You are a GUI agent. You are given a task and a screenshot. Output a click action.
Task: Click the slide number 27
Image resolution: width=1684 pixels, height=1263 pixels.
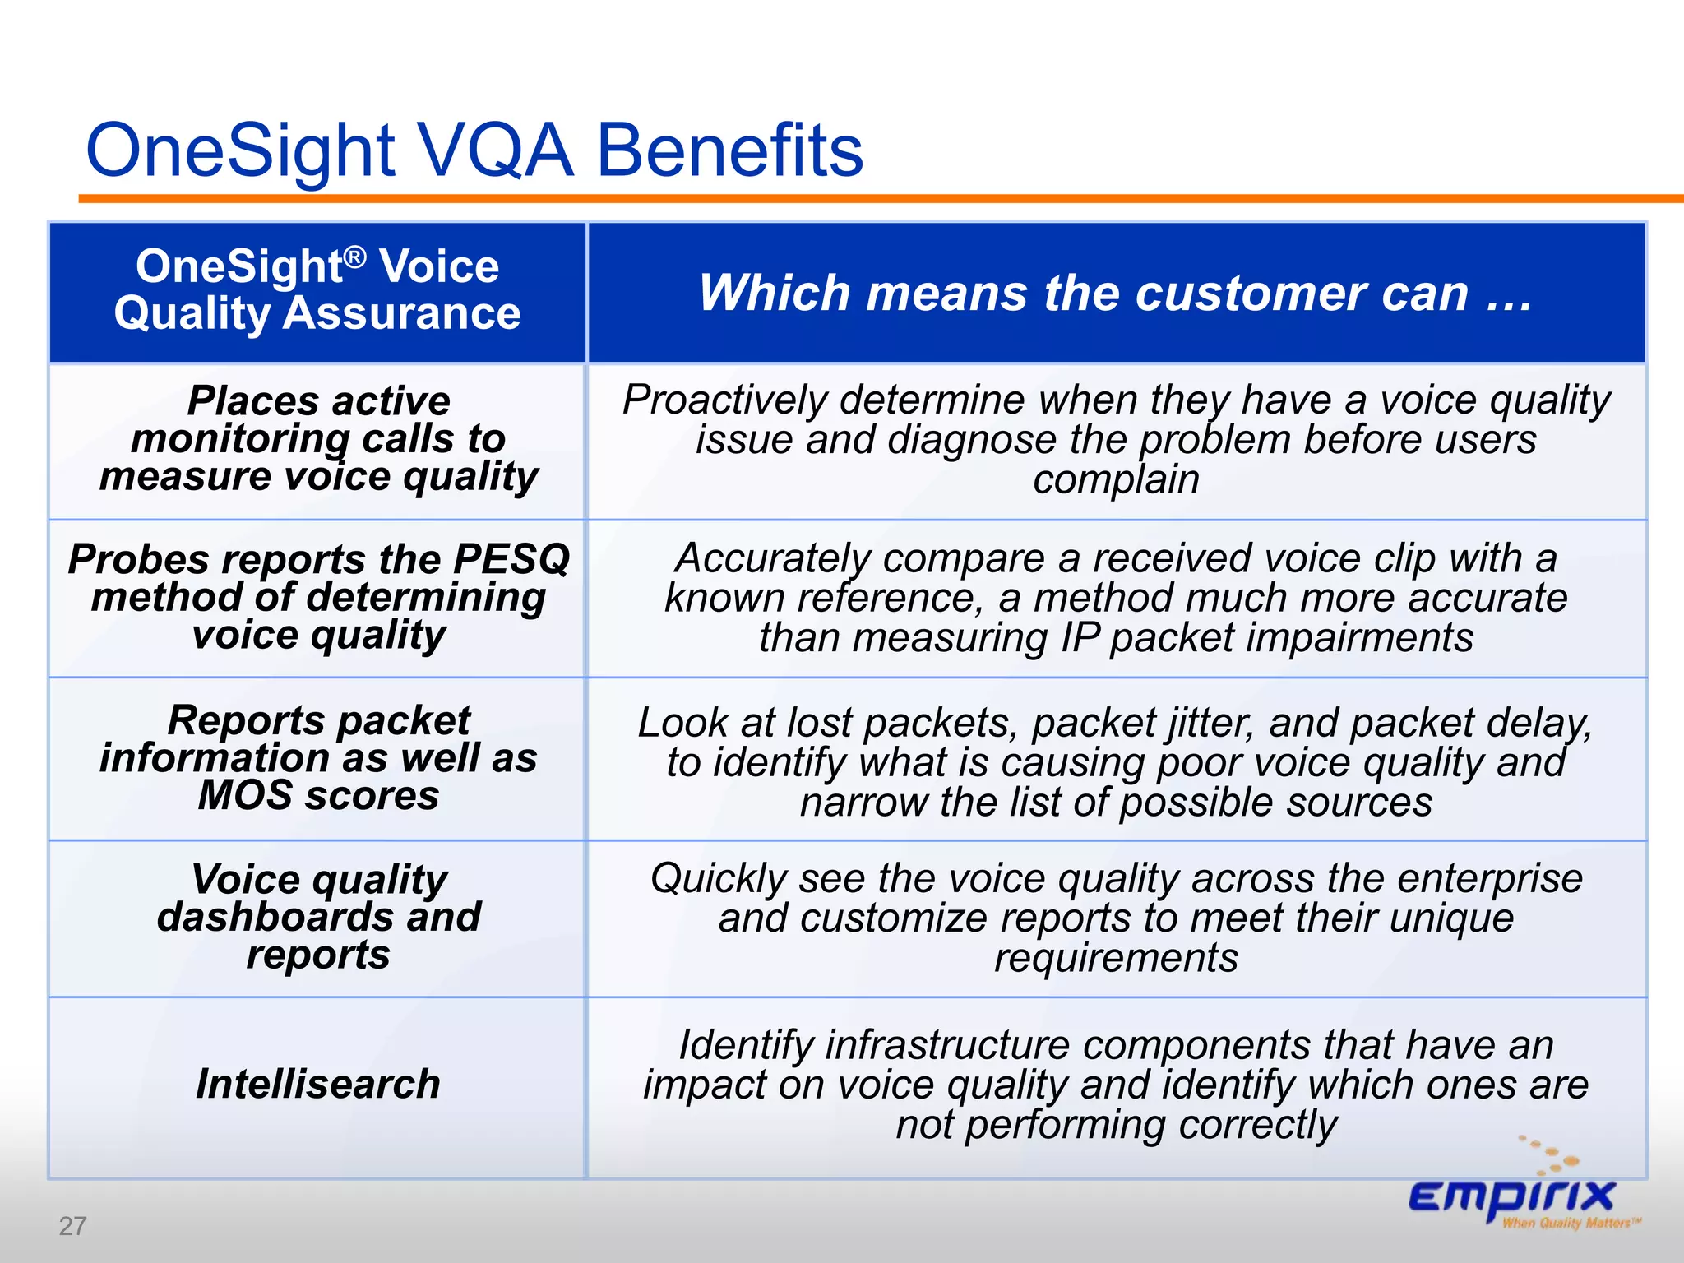[72, 1226]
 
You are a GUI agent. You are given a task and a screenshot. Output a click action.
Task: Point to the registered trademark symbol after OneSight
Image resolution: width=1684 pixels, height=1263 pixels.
[354, 257]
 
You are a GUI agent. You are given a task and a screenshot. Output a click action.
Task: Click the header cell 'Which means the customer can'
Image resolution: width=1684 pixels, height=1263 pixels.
[1116, 293]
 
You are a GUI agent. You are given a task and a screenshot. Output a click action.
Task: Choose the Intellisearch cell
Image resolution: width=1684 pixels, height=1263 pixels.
[318, 1084]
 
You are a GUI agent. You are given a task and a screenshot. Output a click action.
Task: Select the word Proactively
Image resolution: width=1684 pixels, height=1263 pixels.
[724, 400]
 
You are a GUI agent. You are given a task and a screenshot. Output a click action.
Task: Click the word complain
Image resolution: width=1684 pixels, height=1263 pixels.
[1116, 479]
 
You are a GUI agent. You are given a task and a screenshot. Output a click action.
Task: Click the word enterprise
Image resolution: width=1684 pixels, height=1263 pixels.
[1490, 878]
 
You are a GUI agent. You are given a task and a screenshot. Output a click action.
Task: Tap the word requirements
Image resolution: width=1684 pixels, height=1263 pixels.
[1116, 958]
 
